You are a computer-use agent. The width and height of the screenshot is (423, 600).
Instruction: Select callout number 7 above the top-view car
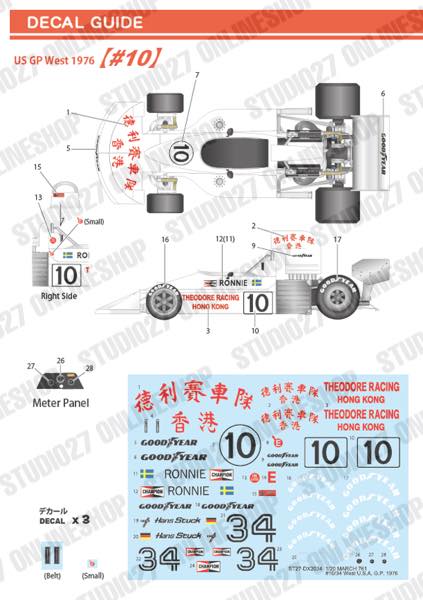(197, 76)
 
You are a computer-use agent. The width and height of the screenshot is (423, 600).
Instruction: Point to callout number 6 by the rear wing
(381, 93)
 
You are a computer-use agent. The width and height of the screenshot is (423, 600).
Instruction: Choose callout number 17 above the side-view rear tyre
(337, 241)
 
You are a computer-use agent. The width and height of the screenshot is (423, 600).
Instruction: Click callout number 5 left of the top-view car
(68, 148)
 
